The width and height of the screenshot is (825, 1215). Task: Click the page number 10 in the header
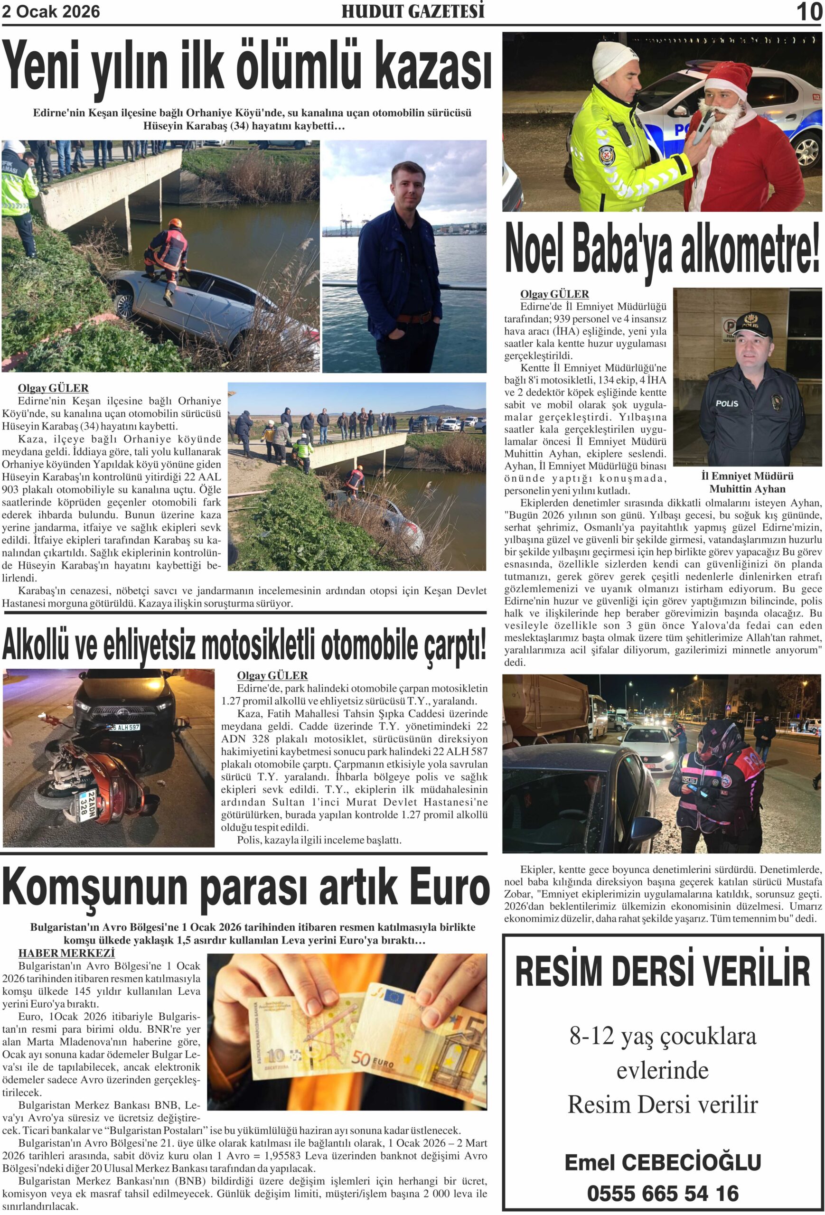click(x=809, y=11)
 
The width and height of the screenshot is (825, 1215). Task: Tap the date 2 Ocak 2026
click(x=51, y=11)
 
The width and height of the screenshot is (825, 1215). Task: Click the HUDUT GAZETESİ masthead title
click(x=412, y=11)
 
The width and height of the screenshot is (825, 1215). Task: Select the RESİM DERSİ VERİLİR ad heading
click(x=662, y=971)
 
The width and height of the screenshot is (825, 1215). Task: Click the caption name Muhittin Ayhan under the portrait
click(x=747, y=489)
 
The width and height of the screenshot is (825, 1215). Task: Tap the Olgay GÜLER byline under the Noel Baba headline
click(x=554, y=294)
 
